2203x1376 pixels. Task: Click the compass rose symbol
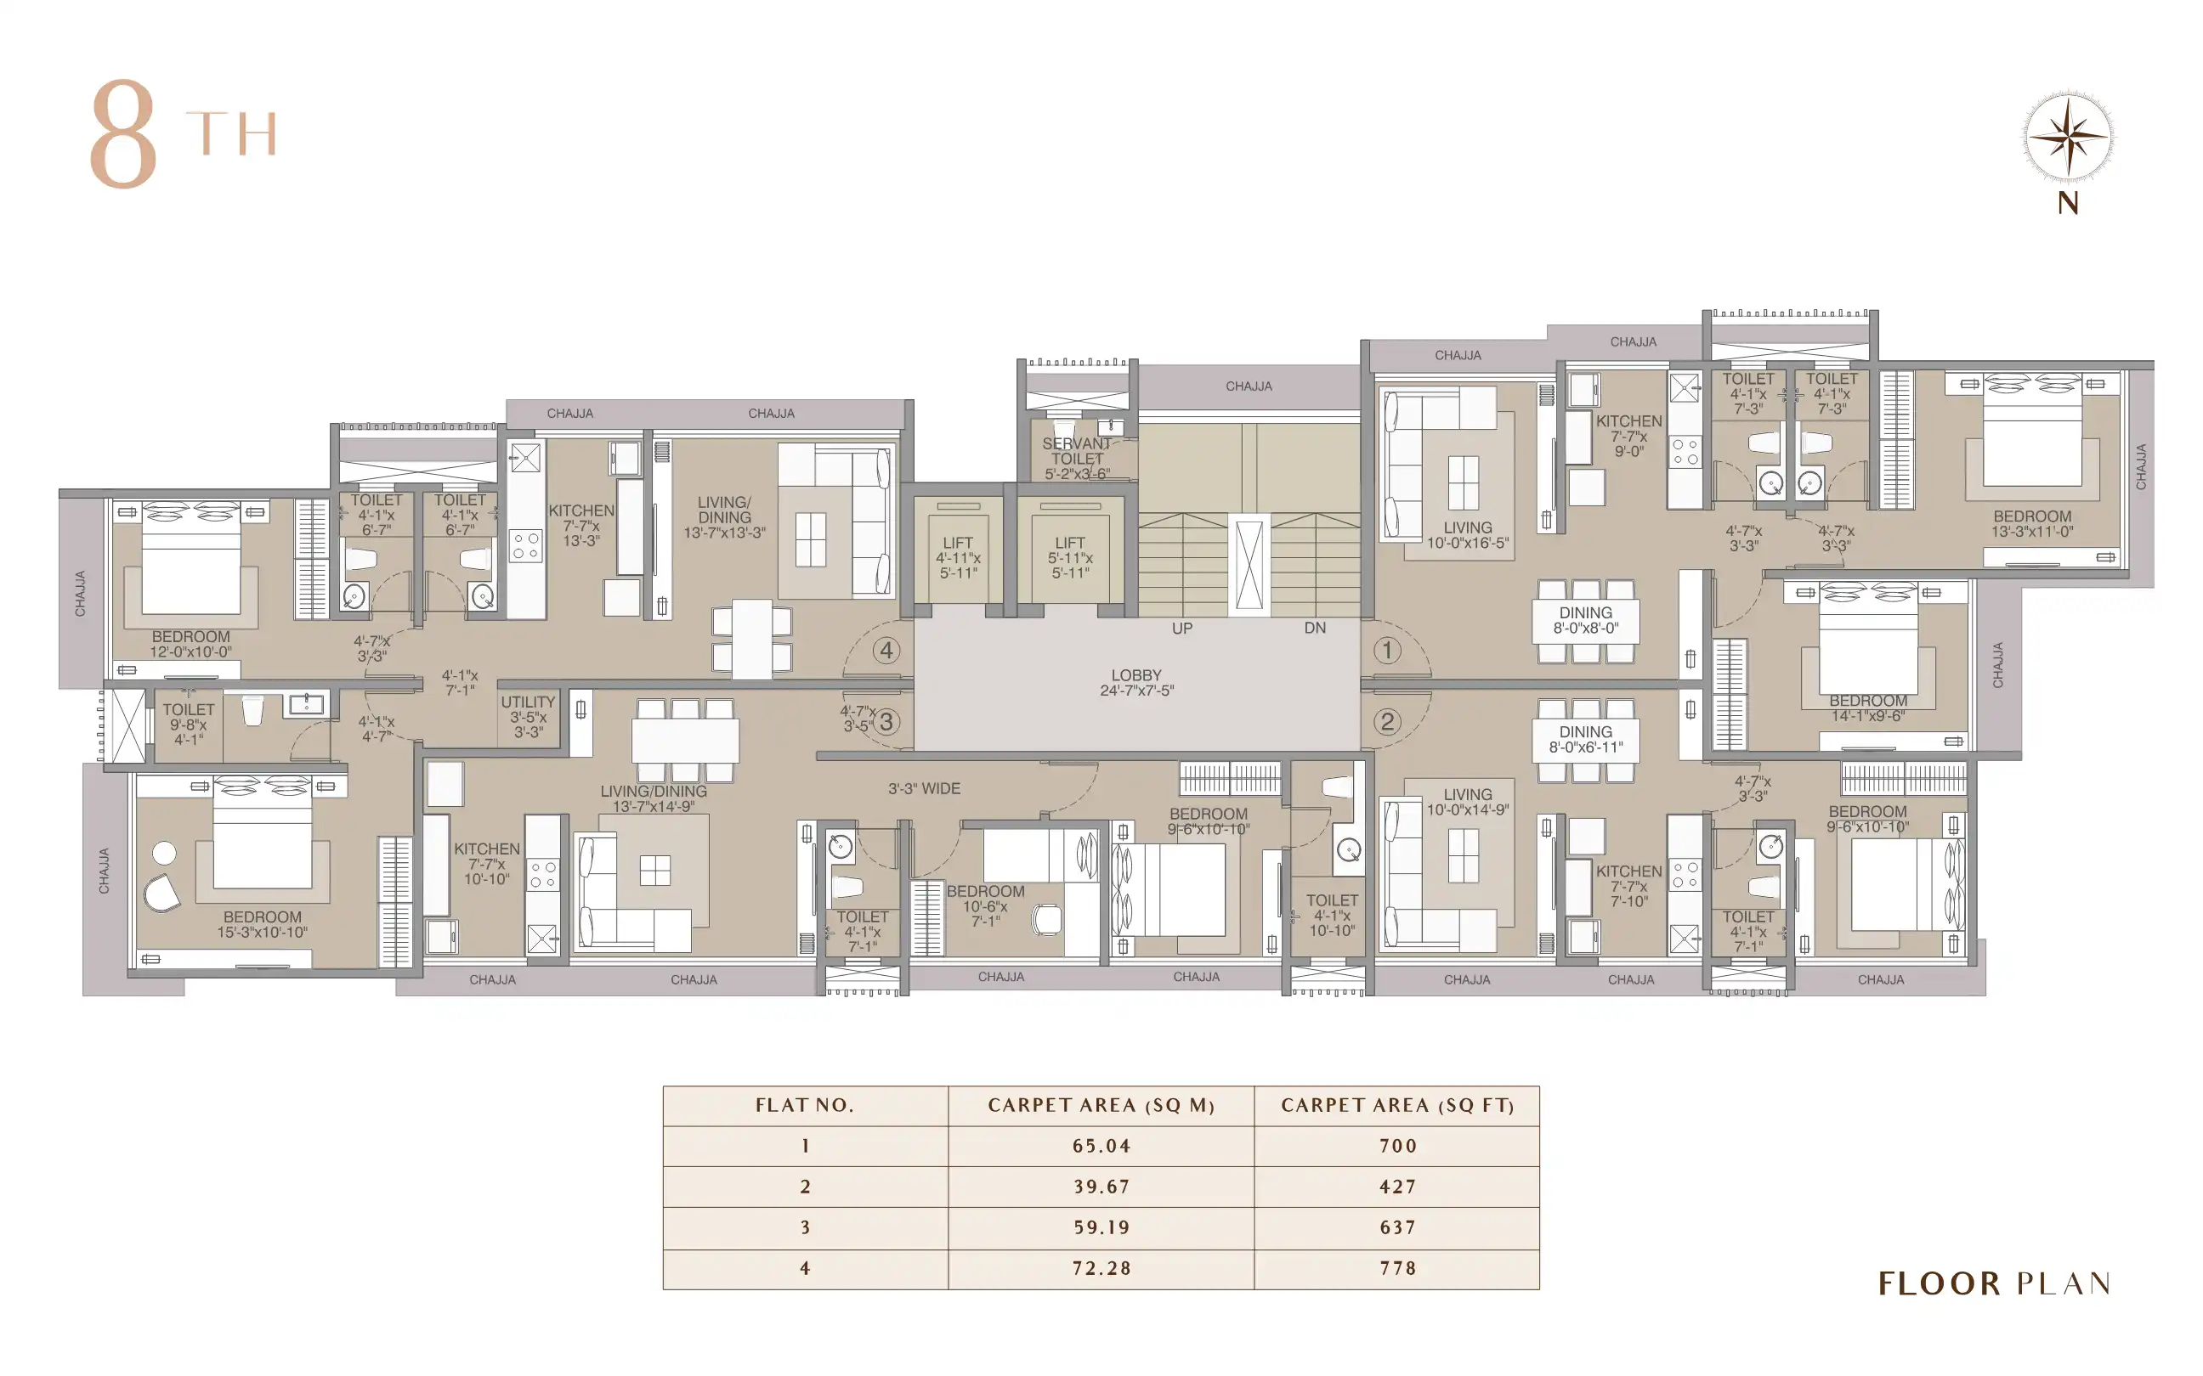tap(2067, 138)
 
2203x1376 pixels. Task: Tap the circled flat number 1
tap(1386, 650)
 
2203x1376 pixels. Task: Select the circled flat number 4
tap(886, 650)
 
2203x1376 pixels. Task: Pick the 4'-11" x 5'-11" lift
tap(958, 557)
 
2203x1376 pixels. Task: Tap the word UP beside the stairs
tap(1181, 628)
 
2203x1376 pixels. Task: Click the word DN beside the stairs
tap(1315, 628)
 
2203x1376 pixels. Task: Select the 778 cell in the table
tap(1397, 1267)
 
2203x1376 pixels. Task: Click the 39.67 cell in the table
tap(1101, 1187)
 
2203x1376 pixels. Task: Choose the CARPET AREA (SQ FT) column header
tap(1397, 1106)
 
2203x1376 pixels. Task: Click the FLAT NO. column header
tap(805, 1106)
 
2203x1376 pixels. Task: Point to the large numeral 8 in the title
tap(124, 134)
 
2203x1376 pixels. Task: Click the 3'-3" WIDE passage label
tap(924, 788)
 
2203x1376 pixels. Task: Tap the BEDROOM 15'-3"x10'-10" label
tap(262, 925)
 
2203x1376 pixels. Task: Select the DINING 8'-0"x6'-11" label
tap(1586, 739)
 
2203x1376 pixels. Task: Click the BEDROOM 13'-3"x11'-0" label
tap(2032, 523)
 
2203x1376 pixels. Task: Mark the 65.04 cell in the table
tap(1101, 1146)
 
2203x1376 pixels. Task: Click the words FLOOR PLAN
tap(1995, 1283)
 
